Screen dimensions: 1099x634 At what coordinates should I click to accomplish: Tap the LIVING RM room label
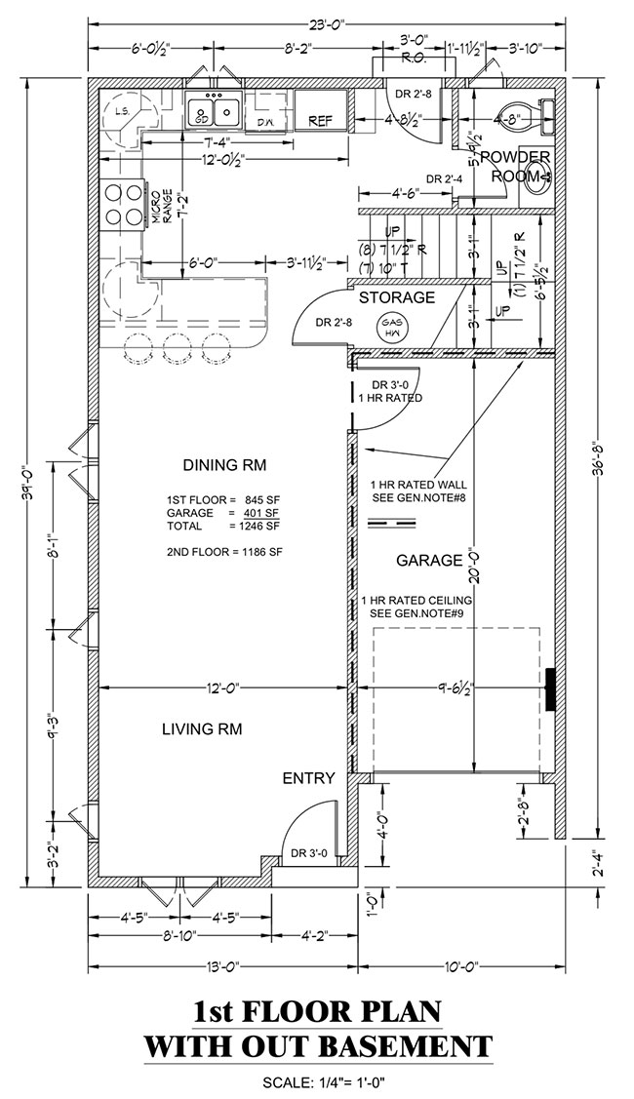tap(202, 728)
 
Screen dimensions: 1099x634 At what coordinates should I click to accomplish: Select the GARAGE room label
tap(428, 561)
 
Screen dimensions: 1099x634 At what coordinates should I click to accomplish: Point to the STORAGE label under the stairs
tap(396, 296)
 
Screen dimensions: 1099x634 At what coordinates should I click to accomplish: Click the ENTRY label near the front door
tap(309, 778)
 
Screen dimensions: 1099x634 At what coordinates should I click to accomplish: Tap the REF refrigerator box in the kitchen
tap(321, 121)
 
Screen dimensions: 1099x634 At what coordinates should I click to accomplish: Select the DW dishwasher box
tap(266, 122)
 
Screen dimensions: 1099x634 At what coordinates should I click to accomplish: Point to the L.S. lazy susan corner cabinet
tap(123, 112)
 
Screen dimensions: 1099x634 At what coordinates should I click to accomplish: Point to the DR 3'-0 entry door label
tap(309, 854)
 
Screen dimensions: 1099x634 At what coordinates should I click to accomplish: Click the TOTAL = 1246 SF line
tap(223, 526)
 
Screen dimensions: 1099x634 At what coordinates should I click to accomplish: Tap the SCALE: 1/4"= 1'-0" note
tap(318, 1081)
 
